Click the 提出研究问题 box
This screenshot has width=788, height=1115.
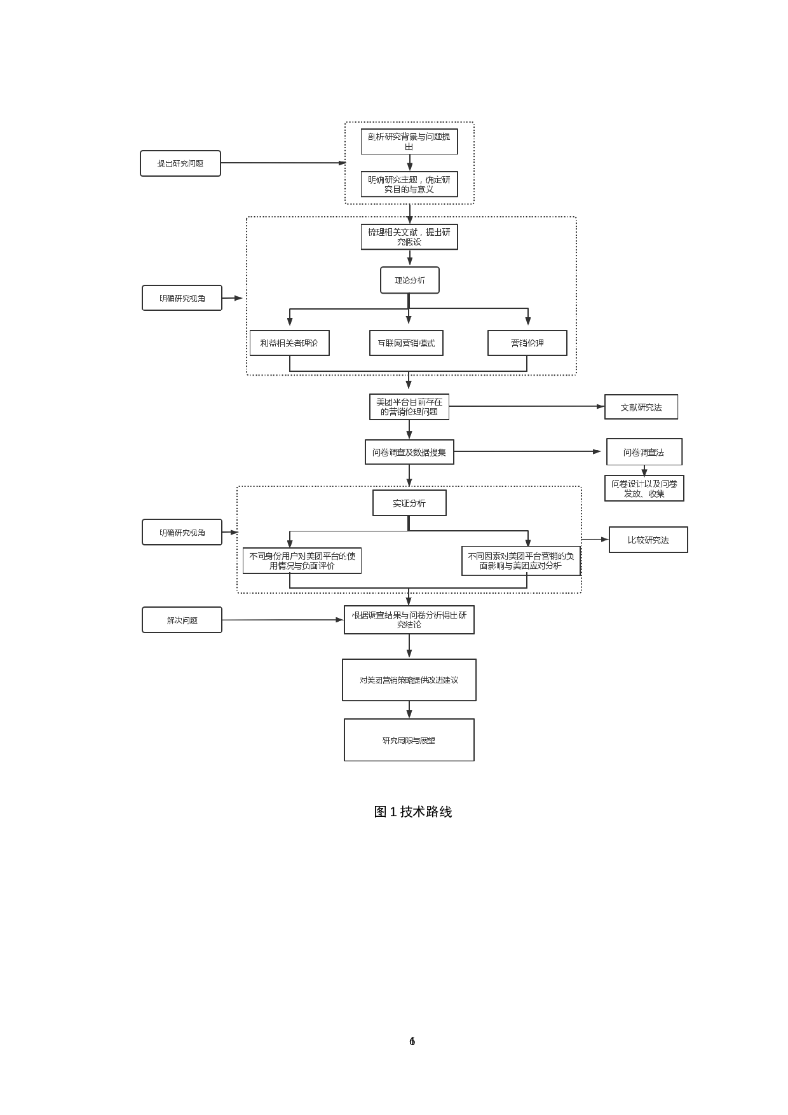tap(180, 163)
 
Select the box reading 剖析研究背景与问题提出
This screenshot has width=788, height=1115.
tap(409, 141)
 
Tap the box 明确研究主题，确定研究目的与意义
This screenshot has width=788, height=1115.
tap(409, 184)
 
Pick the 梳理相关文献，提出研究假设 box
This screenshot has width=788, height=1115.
tap(409, 237)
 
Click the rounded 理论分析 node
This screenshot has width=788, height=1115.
tap(410, 280)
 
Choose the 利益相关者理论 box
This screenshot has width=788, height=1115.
tap(289, 343)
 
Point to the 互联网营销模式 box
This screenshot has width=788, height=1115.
tap(406, 343)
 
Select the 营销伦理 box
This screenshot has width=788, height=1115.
tap(527, 343)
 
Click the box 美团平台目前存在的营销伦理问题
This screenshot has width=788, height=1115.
tap(409, 407)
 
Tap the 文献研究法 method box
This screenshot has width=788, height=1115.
tap(641, 407)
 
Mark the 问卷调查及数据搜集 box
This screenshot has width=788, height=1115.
tap(409, 453)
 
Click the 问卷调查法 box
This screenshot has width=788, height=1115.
tap(644, 453)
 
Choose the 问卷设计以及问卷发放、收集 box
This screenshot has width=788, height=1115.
tap(644, 488)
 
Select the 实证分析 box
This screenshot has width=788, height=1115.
tap(409, 503)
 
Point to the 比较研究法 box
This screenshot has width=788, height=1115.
tap(648, 540)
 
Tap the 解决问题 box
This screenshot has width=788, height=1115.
tap(182, 620)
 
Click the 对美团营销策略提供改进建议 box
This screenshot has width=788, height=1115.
tap(409, 680)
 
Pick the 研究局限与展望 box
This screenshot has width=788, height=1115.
tap(409, 741)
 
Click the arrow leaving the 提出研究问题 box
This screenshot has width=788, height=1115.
tap(283, 163)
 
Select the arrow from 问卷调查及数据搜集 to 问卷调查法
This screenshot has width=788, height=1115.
tap(527, 451)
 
